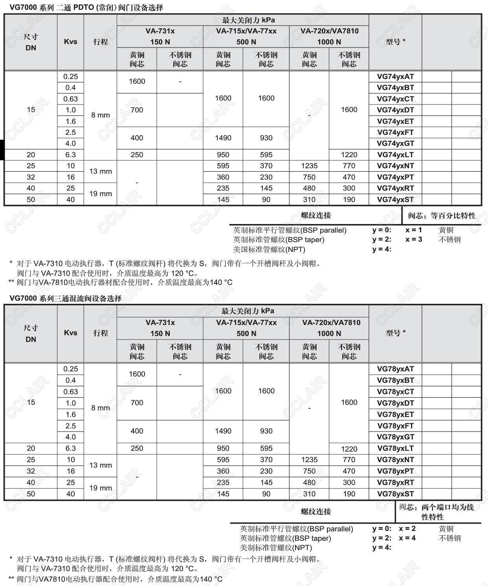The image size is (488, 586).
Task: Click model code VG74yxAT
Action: point(395,77)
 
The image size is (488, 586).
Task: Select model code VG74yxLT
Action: point(395,155)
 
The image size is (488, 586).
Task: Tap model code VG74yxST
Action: point(395,200)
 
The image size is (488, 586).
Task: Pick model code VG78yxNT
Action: point(395,460)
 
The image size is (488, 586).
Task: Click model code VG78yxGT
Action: point(395,437)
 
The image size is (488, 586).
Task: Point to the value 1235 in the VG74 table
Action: point(309,166)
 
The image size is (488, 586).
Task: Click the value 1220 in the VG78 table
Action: point(349,449)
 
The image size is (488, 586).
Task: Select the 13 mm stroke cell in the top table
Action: point(101,171)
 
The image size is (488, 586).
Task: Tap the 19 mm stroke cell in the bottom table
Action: point(101,488)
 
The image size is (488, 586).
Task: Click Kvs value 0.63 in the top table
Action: point(71,99)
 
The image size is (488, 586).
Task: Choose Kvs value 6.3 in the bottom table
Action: point(71,448)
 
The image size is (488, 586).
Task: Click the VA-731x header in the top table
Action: point(160,31)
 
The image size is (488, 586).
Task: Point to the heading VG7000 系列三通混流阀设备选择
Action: point(66,298)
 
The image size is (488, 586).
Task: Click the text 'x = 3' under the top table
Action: point(414,239)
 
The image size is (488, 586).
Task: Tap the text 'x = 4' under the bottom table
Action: point(407,538)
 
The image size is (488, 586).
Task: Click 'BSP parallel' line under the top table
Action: point(290,230)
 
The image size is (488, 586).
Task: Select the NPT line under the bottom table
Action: point(276,547)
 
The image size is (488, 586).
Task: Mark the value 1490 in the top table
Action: point(223,138)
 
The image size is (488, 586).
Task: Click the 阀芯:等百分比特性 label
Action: point(442,215)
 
